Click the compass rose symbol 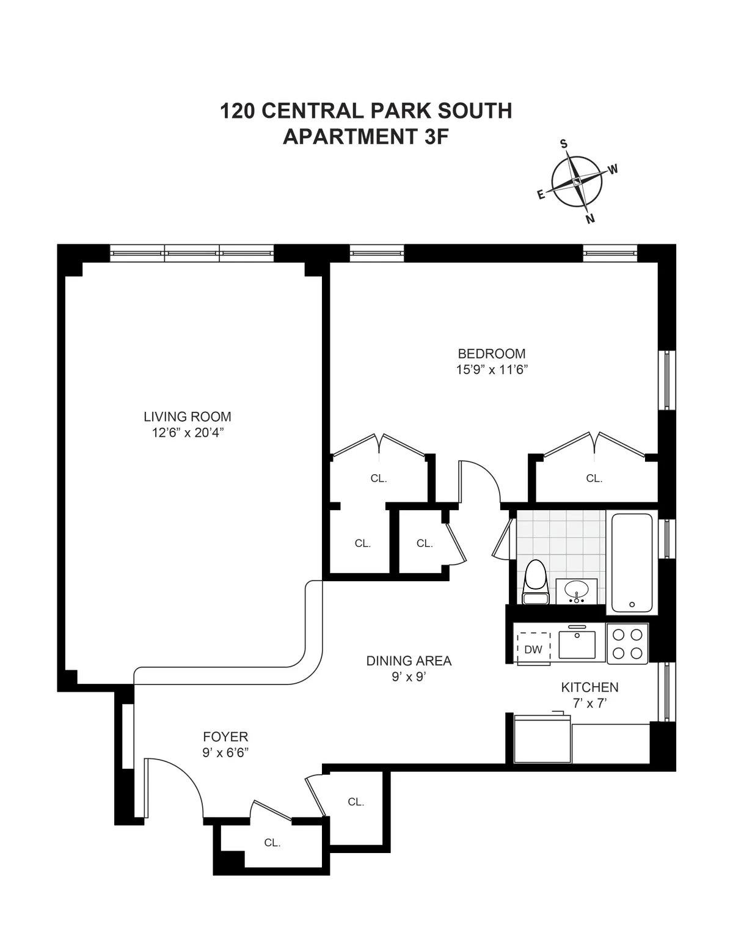[577, 182]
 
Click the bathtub [632, 562]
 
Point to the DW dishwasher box [533, 649]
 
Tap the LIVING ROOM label [188, 417]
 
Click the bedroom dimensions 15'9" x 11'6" [492, 370]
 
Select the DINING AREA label [409, 661]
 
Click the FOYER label [225, 737]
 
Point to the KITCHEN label [589, 687]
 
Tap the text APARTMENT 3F [365, 137]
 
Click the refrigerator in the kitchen [542, 739]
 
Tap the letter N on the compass [590, 219]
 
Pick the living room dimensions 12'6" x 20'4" [188, 433]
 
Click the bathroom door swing [504, 538]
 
